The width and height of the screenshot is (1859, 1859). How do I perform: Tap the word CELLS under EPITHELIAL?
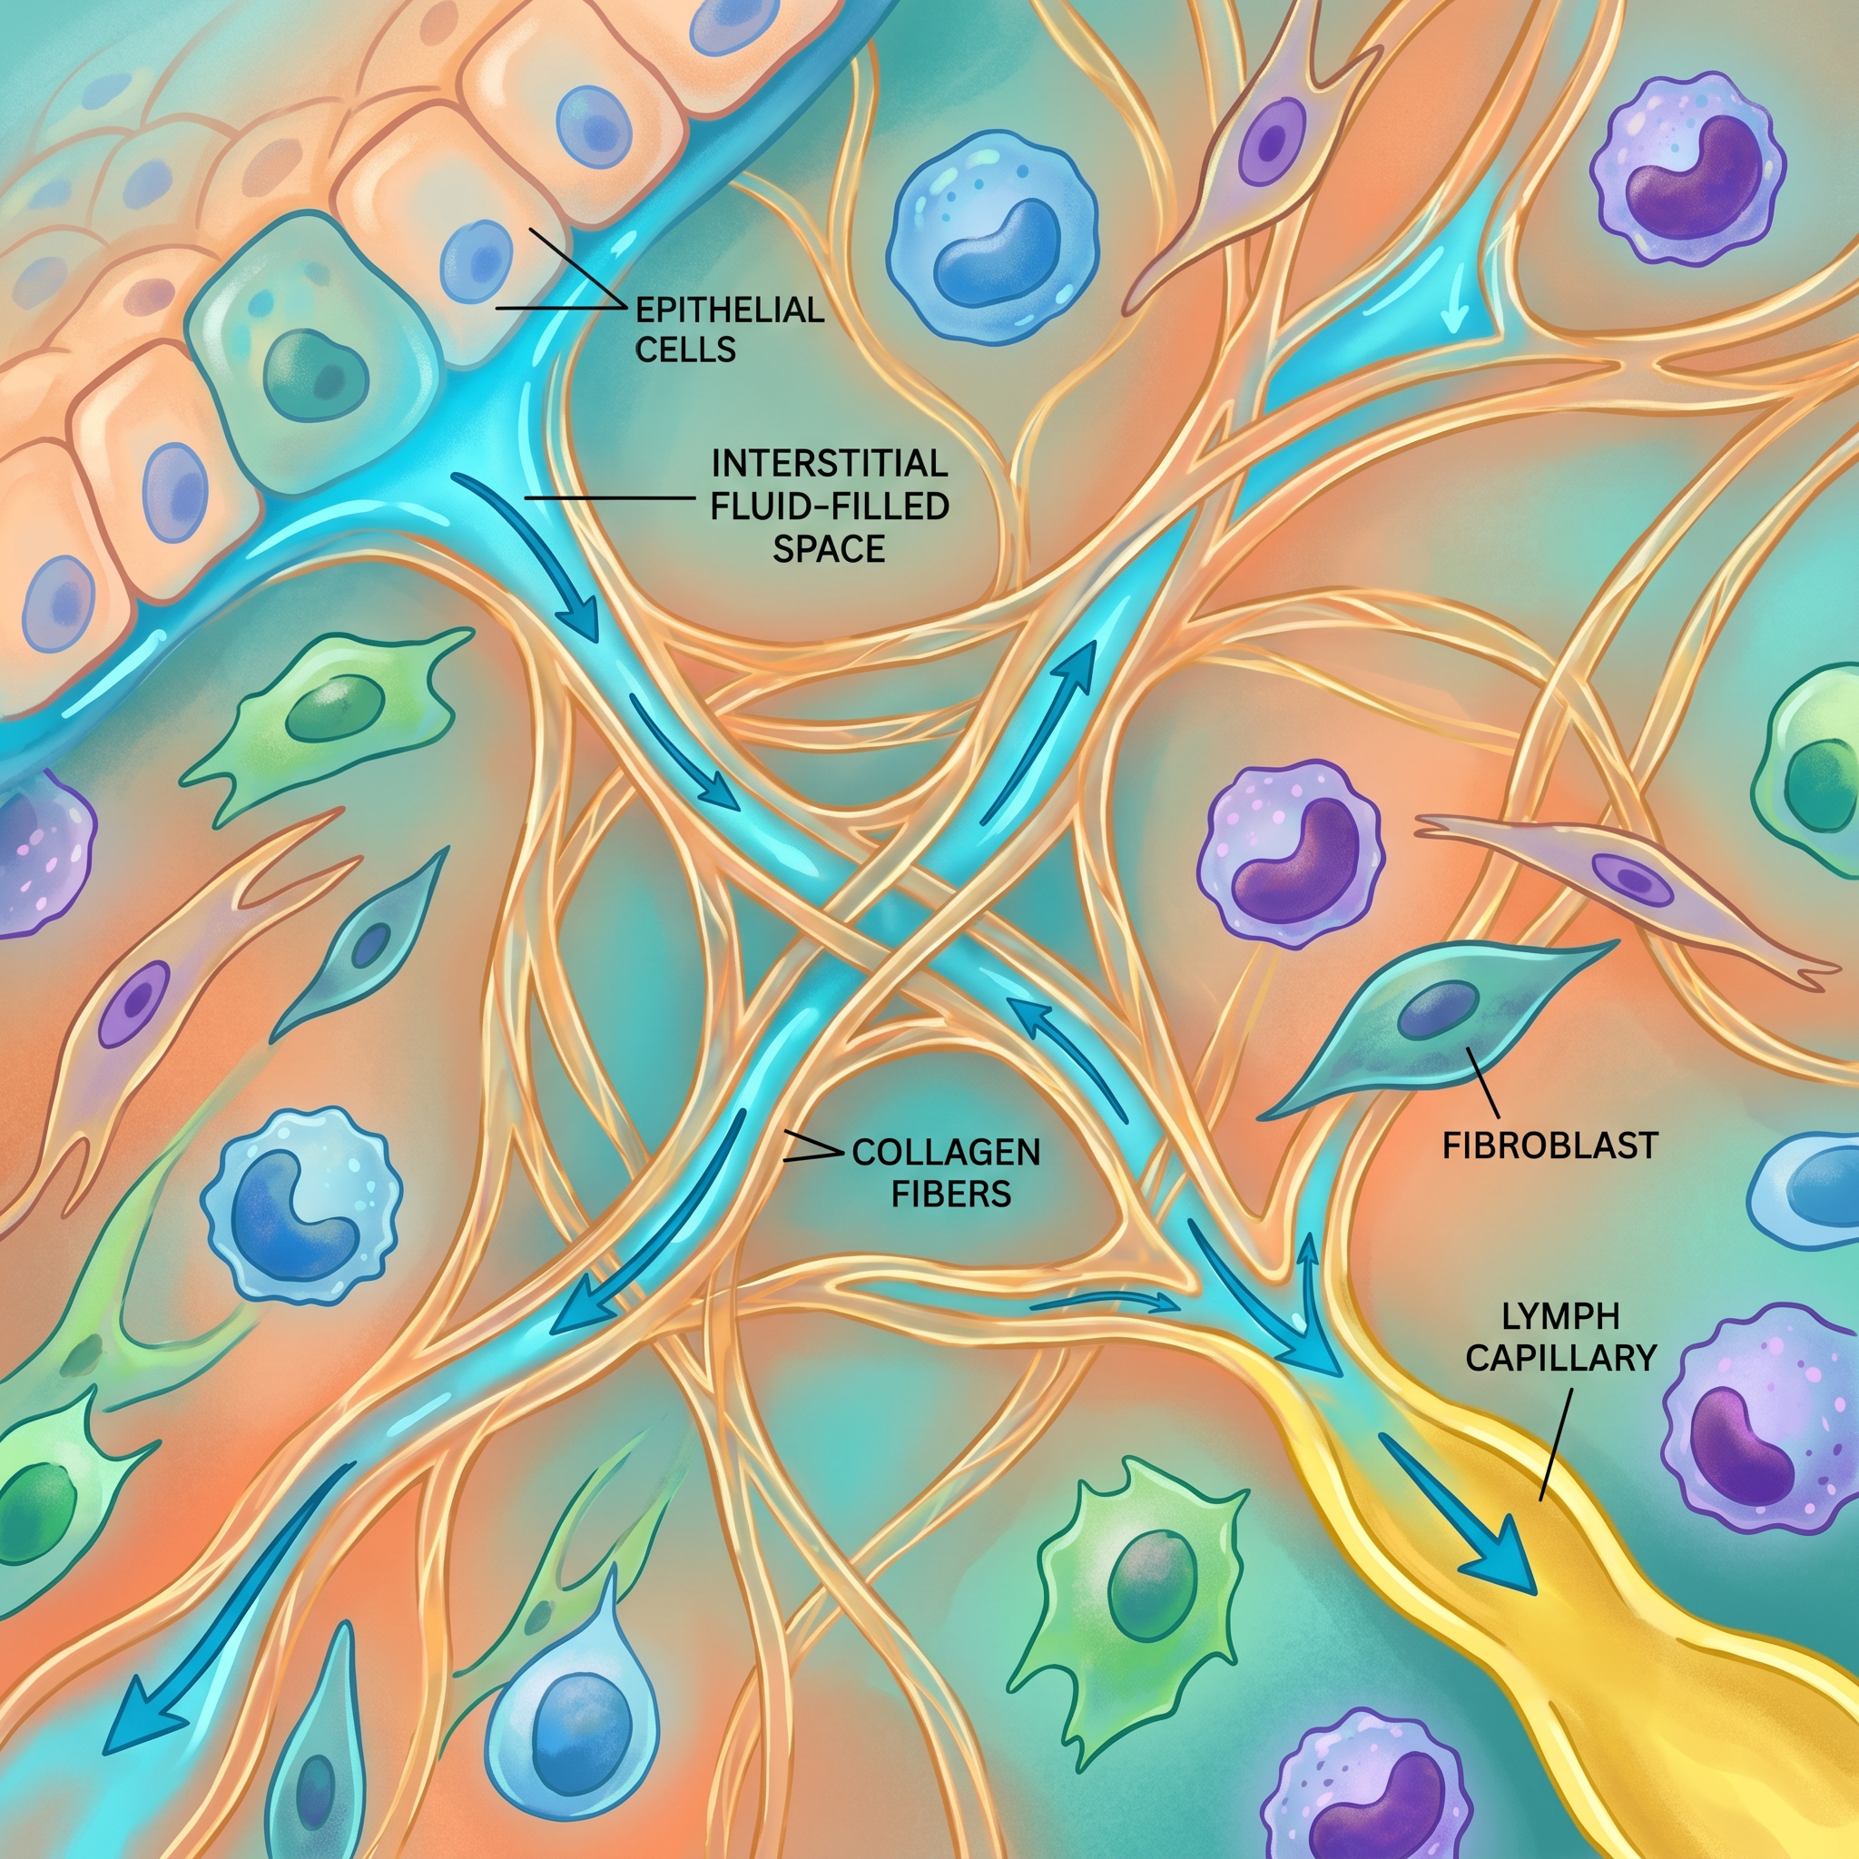pyautogui.click(x=685, y=349)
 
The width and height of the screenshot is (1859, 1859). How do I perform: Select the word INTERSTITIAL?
pyautogui.click(x=830, y=464)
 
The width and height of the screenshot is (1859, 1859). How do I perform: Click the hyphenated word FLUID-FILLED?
pyautogui.click(x=830, y=507)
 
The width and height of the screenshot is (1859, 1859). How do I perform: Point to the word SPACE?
pyautogui.click(x=830, y=548)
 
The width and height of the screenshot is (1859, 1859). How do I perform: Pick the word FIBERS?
pyautogui.click(x=950, y=1195)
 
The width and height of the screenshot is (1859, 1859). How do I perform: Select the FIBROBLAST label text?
pyautogui.click(x=1550, y=1145)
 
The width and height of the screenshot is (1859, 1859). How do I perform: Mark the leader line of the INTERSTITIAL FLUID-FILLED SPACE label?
pyautogui.click(x=609, y=497)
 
